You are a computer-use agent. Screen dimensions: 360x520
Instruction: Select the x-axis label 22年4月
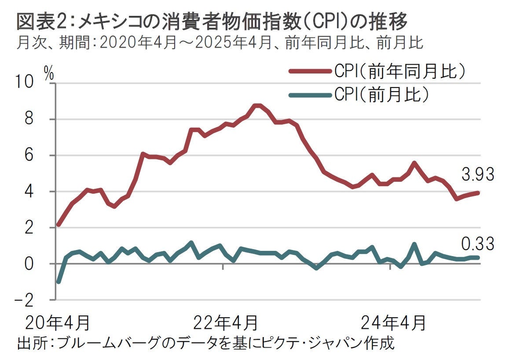tap(226, 323)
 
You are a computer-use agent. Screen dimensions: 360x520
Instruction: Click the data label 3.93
tap(478, 174)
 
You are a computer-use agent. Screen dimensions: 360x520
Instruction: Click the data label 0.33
tap(478, 243)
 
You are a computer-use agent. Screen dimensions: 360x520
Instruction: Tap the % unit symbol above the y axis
tap(49, 74)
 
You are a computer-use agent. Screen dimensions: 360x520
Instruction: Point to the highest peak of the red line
tap(258, 106)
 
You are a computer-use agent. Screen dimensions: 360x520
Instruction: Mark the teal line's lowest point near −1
tap(59, 282)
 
